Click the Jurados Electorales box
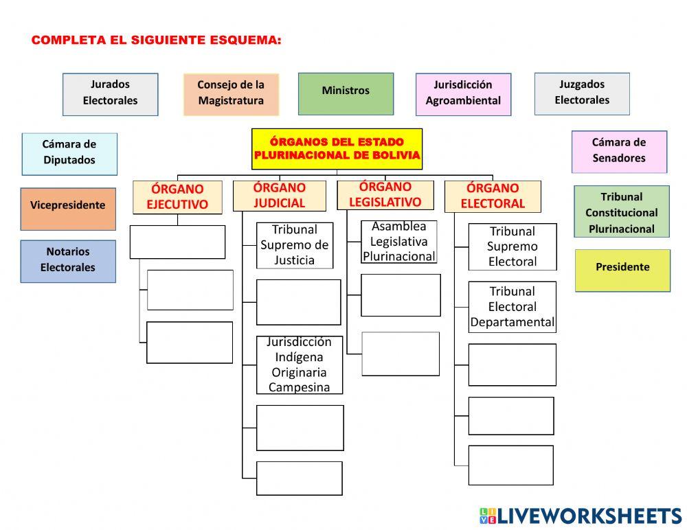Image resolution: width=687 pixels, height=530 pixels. coord(111,95)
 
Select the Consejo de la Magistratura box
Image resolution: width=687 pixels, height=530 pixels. coord(231,95)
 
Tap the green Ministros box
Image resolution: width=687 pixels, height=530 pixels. coord(346,94)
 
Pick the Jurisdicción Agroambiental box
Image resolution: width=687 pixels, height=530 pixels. coord(463,95)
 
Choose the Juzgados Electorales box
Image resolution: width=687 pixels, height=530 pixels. coord(582,94)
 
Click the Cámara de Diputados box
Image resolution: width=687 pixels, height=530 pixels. coord(69,154)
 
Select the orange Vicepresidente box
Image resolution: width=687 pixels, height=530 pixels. coord(68,209)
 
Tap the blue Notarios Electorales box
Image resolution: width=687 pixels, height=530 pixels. coord(68,262)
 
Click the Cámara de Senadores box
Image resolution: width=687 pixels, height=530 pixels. coord(619,152)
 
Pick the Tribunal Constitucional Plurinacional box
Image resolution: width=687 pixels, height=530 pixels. coord(622,212)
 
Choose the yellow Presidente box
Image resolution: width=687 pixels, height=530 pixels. coord(622,270)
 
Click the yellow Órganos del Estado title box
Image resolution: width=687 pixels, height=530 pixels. coord(337,149)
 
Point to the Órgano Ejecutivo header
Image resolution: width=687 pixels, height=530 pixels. coord(177,197)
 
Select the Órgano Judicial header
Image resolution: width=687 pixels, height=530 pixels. coord(279,196)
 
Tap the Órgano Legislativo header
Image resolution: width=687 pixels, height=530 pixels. coord(385,195)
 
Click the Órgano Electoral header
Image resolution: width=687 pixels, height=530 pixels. coord(493,196)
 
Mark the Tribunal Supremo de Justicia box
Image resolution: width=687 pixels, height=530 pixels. coord(295,245)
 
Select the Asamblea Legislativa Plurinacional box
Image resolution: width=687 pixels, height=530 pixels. coord(398,242)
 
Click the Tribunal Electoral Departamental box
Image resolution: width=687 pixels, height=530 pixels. coord(513,307)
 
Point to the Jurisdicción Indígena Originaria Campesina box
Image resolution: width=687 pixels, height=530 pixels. coord(300,365)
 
